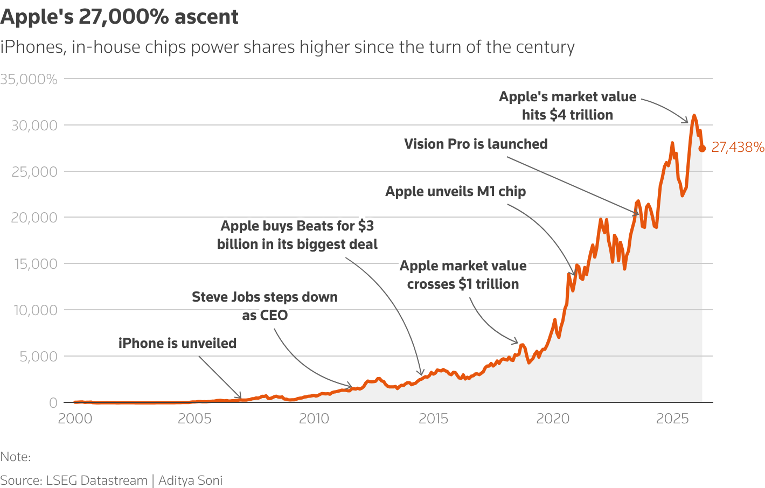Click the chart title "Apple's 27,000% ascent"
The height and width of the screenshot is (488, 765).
(x=119, y=17)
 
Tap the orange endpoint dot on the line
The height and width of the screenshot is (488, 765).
(x=702, y=149)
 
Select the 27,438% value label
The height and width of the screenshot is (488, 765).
(x=738, y=147)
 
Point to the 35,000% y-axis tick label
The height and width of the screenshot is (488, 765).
(x=29, y=79)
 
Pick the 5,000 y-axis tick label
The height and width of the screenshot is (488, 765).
(x=38, y=357)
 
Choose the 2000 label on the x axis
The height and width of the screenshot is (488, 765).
(x=74, y=419)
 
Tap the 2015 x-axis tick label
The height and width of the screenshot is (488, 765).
(x=433, y=419)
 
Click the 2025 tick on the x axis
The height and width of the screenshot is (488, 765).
(x=672, y=419)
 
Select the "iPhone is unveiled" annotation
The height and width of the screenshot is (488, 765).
(x=177, y=343)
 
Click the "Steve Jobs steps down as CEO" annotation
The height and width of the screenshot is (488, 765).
(x=265, y=306)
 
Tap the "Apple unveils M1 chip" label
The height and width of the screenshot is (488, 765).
(x=455, y=191)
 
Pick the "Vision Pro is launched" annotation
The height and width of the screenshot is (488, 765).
(x=476, y=144)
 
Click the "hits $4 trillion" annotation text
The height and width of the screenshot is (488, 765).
(x=567, y=115)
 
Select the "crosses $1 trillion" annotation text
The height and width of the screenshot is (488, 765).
(x=463, y=284)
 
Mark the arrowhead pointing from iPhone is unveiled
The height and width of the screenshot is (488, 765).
(x=240, y=396)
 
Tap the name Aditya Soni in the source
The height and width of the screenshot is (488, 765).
(x=190, y=480)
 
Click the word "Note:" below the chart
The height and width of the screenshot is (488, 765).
(x=16, y=457)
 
